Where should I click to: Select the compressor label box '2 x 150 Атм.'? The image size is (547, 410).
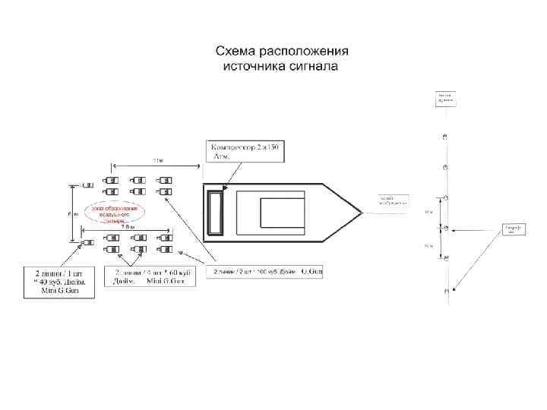(245, 150)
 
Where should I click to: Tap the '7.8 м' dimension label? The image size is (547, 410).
(128, 226)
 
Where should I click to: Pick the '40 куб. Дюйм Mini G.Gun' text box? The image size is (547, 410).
(57, 282)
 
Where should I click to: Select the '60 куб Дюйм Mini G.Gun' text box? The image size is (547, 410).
(151, 276)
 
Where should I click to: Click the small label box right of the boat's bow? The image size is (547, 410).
(393, 200)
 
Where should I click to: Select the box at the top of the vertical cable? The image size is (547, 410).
(446, 97)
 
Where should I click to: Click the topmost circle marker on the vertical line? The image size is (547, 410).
(446, 137)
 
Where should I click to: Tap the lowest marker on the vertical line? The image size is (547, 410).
(446, 289)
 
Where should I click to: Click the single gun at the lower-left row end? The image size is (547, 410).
(87, 243)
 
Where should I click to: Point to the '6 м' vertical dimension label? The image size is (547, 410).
(71, 213)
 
